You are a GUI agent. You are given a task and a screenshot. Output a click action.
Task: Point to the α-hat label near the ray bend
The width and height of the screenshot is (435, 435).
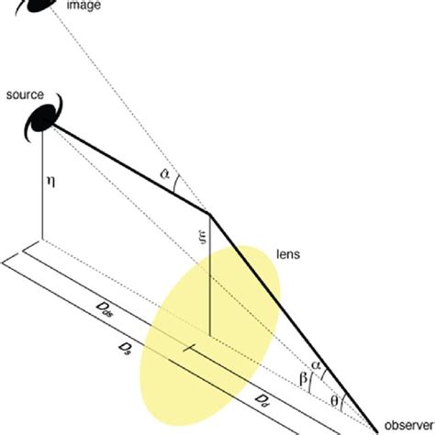(163, 173)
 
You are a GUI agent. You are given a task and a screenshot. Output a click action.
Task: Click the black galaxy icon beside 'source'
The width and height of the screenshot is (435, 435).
(43, 115)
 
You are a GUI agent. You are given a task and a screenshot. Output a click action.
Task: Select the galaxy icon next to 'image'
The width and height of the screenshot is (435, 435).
(43, 6)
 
